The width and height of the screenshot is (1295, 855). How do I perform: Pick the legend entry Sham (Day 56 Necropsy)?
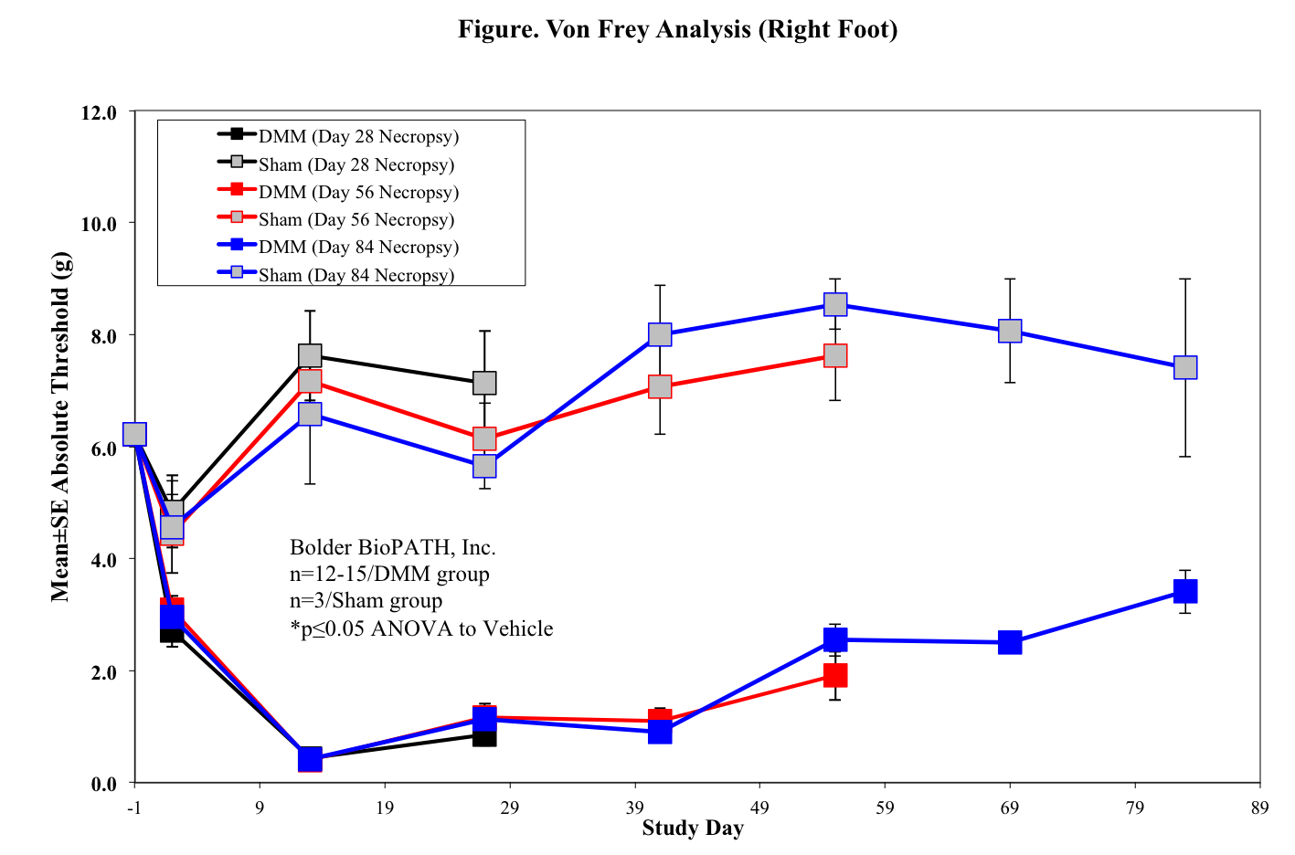pos(356,220)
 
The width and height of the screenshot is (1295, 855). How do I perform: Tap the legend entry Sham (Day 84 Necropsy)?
pos(356,275)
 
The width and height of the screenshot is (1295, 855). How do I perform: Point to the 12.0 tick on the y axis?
pos(100,113)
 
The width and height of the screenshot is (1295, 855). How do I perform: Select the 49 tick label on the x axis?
pos(759,807)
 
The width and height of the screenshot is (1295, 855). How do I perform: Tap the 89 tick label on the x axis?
pos(1260,807)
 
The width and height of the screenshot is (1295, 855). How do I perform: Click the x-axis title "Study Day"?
pos(693,829)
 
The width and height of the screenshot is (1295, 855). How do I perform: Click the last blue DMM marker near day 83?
pos(1185,592)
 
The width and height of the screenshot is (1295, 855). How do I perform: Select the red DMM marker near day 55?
pos(835,675)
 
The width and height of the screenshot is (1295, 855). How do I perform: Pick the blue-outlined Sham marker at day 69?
pos(1010,331)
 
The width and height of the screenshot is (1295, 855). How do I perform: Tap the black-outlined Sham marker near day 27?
pos(484,383)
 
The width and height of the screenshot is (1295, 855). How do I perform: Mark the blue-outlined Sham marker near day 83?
pos(1185,367)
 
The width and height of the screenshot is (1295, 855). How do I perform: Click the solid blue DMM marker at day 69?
pos(1010,642)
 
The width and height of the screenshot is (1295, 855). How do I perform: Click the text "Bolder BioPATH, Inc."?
pos(393,547)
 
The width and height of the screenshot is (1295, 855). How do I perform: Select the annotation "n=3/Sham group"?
pos(366,601)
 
